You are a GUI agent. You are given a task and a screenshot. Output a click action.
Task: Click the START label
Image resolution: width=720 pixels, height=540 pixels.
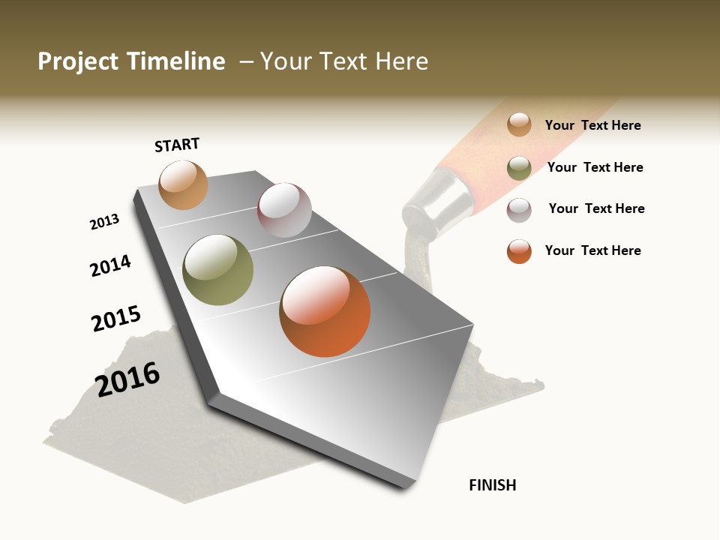(x=177, y=145)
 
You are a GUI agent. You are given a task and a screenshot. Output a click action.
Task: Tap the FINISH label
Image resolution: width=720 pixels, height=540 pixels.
(x=492, y=485)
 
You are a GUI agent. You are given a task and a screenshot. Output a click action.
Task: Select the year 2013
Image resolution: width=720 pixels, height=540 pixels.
(x=104, y=222)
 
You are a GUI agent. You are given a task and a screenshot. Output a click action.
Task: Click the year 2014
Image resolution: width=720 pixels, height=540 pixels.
(x=110, y=265)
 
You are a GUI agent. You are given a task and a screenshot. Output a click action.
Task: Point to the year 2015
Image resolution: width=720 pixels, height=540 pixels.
(x=115, y=318)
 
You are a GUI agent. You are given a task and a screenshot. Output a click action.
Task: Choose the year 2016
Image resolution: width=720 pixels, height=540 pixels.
(x=127, y=379)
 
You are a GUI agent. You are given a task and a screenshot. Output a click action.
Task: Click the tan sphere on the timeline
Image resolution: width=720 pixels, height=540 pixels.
(x=183, y=184)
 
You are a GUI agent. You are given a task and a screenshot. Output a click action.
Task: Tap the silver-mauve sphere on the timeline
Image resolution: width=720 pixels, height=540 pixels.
(x=284, y=210)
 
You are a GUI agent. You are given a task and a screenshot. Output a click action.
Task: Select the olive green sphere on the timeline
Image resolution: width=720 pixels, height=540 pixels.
(x=218, y=270)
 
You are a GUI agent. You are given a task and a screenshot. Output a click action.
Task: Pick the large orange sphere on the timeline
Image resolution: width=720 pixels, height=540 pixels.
(x=325, y=311)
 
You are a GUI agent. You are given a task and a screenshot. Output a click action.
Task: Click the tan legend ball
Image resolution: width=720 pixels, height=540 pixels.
(x=519, y=124)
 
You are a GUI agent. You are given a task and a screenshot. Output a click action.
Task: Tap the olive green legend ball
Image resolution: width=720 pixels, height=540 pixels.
(x=519, y=167)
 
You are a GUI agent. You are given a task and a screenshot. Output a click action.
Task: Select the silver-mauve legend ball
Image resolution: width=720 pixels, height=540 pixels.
(x=519, y=209)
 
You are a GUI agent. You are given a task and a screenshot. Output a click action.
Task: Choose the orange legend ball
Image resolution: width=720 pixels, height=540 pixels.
(x=519, y=251)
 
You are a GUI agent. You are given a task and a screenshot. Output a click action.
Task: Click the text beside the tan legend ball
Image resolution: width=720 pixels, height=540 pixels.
(x=592, y=125)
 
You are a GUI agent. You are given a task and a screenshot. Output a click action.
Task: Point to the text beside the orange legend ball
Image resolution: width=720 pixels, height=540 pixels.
(x=592, y=250)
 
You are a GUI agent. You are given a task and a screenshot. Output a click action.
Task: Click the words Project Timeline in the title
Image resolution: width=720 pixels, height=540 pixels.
(x=131, y=61)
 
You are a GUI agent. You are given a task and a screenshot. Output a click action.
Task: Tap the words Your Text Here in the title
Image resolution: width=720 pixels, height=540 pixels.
(x=343, y=61)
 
